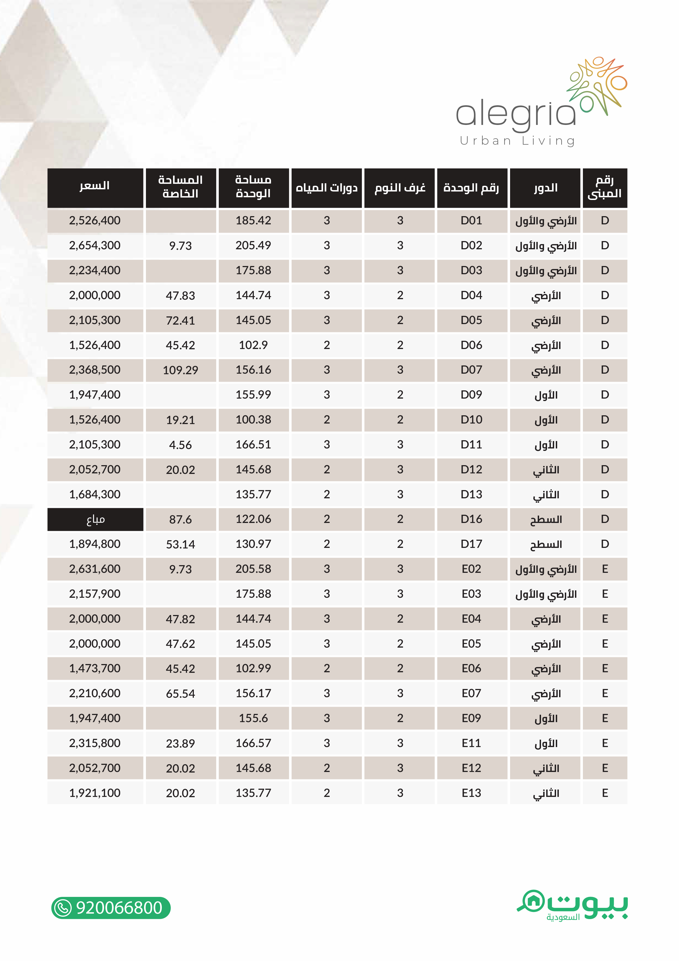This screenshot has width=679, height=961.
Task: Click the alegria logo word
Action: click(516, 114)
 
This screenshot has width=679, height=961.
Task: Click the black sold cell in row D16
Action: click(95, 519)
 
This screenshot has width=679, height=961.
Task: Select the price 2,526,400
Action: click(95, 221)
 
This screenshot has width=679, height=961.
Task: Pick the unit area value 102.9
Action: click(253, 345)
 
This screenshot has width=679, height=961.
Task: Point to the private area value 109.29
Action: click(180, 370)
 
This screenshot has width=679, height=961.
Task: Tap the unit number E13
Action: click(471, 793)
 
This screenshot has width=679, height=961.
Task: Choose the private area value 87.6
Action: click(180, 519)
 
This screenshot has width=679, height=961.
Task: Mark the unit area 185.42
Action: click(253, 221)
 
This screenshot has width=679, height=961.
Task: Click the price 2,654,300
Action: click(95, 245)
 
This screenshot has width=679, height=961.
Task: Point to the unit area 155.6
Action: click(253, 718)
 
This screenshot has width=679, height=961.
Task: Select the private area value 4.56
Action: click(180, 445)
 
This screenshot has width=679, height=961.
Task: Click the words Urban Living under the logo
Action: click(517, 141)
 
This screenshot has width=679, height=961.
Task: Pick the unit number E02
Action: click(471, 569)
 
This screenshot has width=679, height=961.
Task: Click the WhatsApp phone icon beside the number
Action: click(64, 908)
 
